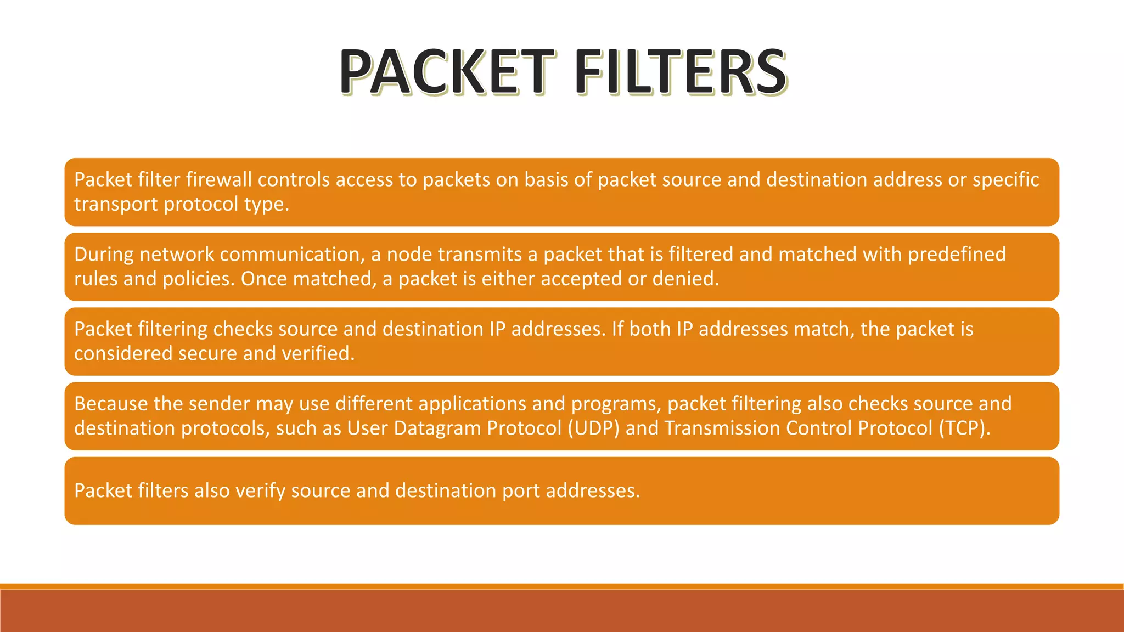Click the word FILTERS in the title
[680, 72]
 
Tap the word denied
[685, 279]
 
